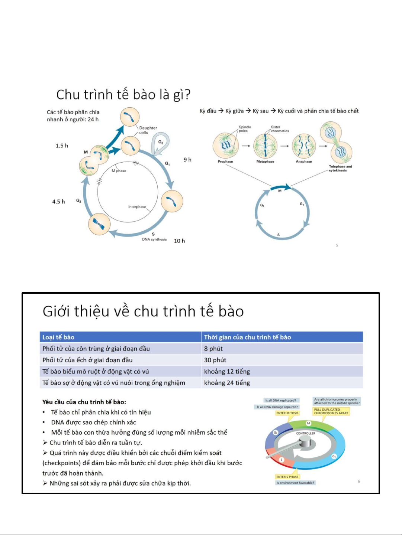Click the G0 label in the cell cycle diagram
tap(161, 142)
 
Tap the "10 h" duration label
tap(179, 241)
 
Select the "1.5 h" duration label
tap(62, 146)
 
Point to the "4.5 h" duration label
tap(58, 202)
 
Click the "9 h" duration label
tap(187, 160)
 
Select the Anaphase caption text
tap(304, 162)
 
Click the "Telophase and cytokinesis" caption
tap(340, 169)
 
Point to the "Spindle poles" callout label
tap(245, 129)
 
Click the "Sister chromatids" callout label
tap(280, 129)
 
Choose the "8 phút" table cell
tap(213, 349)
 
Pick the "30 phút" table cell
tap(215, 360)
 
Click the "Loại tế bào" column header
tap(58, 337)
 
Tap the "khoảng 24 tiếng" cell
tap(227, 383)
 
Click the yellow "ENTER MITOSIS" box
tap(287, 413)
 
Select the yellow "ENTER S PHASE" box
tap(287, 477)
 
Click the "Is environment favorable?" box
tap(295, 483)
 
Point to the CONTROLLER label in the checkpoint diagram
tap(306, 433)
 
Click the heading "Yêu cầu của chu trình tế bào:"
tap(84, 402)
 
